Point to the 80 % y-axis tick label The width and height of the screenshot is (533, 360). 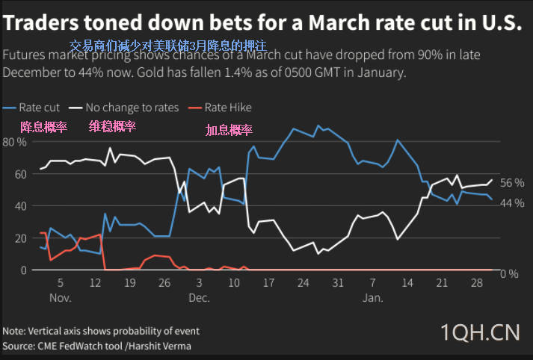click(15, 142)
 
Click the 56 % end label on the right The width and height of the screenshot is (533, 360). click(512, 183)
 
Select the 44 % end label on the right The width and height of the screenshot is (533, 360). click(512, 203)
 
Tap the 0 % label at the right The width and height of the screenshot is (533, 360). click(509, 274)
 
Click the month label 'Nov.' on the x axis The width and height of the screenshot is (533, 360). click(61, 298)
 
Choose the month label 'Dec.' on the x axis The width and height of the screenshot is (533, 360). click(199, 298)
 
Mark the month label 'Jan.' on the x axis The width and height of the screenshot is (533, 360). click(373, 298)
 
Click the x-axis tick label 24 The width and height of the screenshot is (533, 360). click(303, 284)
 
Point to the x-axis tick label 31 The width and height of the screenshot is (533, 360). click(338, 284)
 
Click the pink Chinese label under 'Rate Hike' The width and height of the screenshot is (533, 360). click(229, 130)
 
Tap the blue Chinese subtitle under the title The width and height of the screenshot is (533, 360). click(167, 46)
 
